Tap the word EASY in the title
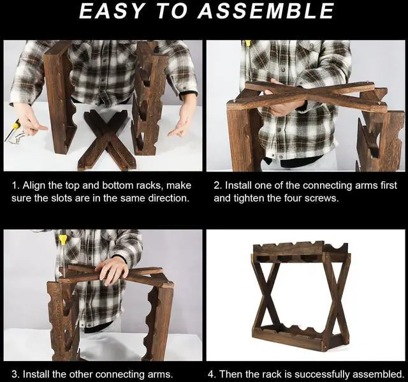tap(112, 11)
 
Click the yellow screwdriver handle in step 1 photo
tap(16, 125)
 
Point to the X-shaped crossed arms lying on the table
tap(107, 140)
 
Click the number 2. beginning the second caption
tap(217, 186)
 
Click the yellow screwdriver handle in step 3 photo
tap(62, 239)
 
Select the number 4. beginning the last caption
tap(212, 374)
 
